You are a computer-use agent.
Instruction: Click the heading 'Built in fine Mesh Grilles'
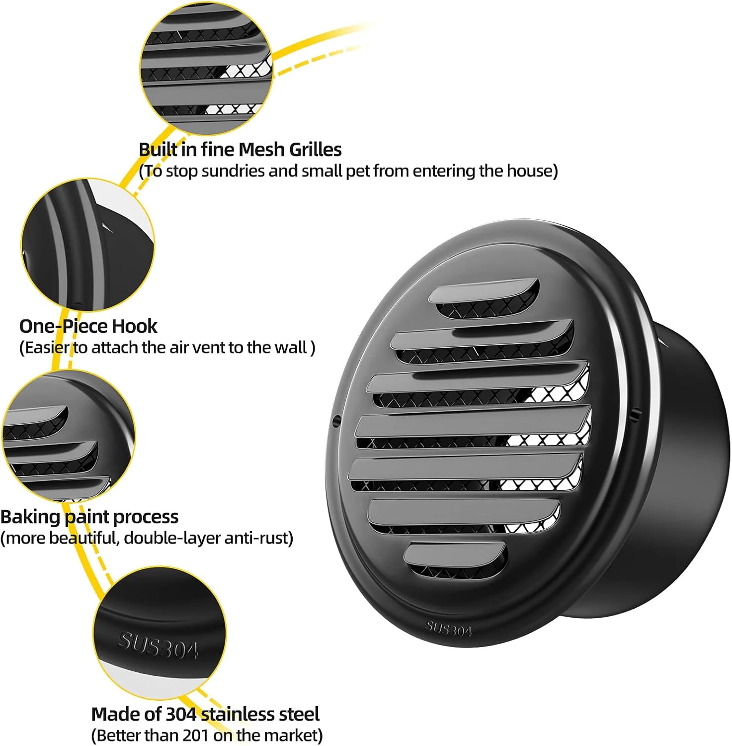point(240,149)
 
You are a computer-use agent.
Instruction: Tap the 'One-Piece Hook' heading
point(88,326)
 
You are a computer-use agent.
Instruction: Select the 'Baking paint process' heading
point(89,517)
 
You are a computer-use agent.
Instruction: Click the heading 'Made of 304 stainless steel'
point(205,714)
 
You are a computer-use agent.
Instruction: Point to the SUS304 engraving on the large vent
point(448,629)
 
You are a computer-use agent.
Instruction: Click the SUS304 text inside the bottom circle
point(158,645)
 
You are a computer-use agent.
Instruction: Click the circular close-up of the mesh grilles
point(206,68)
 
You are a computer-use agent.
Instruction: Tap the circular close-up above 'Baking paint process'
point(68,436)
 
